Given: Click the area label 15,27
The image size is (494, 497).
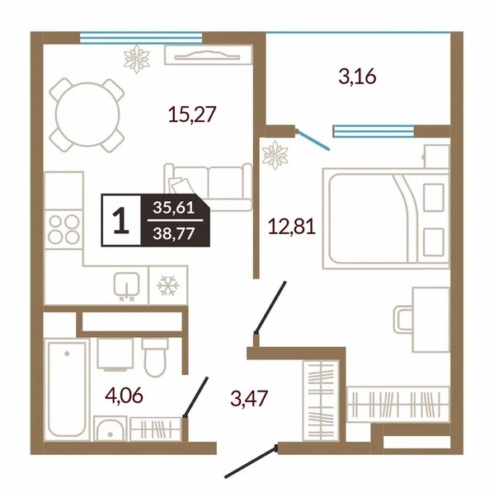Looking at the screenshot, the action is coord(192,115).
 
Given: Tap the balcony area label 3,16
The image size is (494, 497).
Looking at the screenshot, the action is coord(357,77).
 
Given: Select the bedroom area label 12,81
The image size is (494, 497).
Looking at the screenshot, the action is coord(292,227).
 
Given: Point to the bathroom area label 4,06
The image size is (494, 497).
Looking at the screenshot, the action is coord(124,396).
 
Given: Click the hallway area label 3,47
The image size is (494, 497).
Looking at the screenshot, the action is coord(249,398).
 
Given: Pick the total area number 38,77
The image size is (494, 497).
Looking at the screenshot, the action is coord(174,234).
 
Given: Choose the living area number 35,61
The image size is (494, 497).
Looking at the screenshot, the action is coord(174,208).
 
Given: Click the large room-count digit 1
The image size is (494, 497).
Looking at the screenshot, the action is coord(120,220).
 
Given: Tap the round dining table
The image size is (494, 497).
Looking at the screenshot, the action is coord(87,115).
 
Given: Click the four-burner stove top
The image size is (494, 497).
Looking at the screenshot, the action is coord(64,229).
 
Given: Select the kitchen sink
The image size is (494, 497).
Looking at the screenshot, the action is coord(127,286).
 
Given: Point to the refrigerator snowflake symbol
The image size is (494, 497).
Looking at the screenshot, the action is coord(168,285).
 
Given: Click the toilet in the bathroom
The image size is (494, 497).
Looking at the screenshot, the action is coord(155,357).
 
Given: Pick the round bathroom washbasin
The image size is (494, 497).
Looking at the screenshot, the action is coord(110,429).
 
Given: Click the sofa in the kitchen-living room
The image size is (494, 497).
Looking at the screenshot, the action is coord(208,187).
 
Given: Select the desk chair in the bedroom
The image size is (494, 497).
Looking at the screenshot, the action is coord(403,320).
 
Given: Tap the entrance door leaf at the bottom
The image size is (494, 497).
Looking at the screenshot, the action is coord(251,462).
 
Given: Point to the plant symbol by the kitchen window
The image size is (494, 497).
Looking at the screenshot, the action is coord(137,59).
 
